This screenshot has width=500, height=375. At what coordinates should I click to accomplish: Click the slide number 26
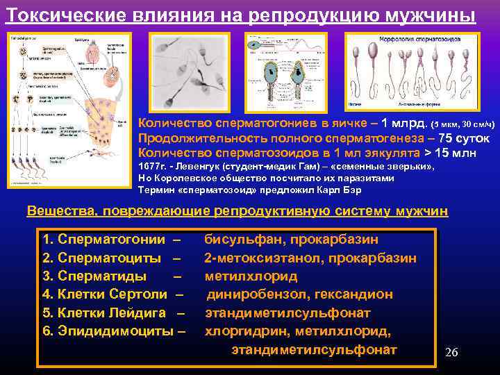(451, 353)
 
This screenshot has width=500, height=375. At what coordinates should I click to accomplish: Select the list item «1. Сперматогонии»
(103, 240)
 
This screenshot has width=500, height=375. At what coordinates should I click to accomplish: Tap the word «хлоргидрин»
(239, 331)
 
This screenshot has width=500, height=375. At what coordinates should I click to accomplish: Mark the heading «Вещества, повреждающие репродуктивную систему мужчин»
(237, 210)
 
